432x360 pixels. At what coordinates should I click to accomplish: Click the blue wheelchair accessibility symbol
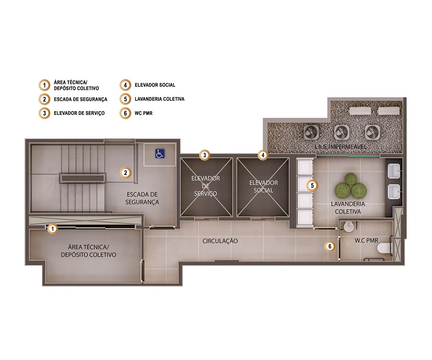click(x=160, y=154)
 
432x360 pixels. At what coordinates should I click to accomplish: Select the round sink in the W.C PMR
click(x=348, y=226)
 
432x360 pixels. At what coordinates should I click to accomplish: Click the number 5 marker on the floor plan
click(x=312, y=185)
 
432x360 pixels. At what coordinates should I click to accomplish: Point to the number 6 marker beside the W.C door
click(x=330, y=246)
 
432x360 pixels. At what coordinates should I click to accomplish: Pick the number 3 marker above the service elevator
click(x=204, y=155)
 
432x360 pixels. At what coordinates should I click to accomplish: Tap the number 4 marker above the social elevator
click(x=263, y=155)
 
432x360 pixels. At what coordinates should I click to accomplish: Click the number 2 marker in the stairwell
click(x=125, y=172)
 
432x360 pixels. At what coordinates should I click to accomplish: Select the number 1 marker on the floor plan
click(x=53, y=229)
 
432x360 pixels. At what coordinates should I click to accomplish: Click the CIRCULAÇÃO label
click(x=220, y=241)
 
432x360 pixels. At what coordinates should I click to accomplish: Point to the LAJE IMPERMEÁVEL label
click(x=341, y=147)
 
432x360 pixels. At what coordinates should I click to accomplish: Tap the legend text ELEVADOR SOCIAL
click(x=155, y=85)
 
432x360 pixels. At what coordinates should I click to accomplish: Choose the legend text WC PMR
click(x=144, y=113)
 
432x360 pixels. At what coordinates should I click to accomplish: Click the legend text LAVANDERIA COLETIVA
click(x=159, y=99)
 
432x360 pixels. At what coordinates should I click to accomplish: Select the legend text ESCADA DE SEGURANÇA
click(x=81, y=99)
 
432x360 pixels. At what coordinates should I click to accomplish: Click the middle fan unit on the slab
click(x=342, y=132)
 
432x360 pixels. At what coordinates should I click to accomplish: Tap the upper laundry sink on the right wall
click(x=394, y=171)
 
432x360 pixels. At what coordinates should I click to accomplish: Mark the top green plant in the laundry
click(x=351, y=179)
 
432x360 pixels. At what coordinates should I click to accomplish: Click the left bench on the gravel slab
click(x=360, y=111)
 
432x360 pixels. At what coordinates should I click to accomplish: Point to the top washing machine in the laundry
click(x=305, y=167)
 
